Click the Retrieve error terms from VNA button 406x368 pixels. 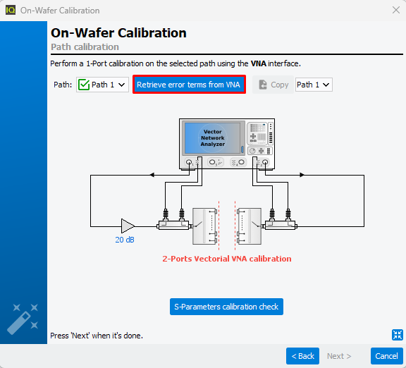pos(189,85)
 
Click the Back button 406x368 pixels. pos(302,356)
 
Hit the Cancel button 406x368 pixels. pos(386,356)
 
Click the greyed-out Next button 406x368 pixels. pos(339,356)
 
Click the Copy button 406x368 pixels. pos(273,85)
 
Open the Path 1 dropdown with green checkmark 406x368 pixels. pos(102,85)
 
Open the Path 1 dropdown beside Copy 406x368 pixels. pos(314,85)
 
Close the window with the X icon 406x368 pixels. pos(396,10)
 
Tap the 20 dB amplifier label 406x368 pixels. pos(125,240)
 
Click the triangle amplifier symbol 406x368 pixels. pos(127,226)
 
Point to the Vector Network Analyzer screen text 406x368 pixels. pos(213,137)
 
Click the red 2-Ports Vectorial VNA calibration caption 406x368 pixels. pos(226,259)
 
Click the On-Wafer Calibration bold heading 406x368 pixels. pos(118,33)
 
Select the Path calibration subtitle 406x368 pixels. pos(85,47)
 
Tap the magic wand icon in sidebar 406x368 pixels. pos(23,319)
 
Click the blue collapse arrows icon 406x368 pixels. pos(398,335)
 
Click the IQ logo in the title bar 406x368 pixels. pos(11,11)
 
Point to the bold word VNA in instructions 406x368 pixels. pos(259,63)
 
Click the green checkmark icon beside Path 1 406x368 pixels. pos(84,85)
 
